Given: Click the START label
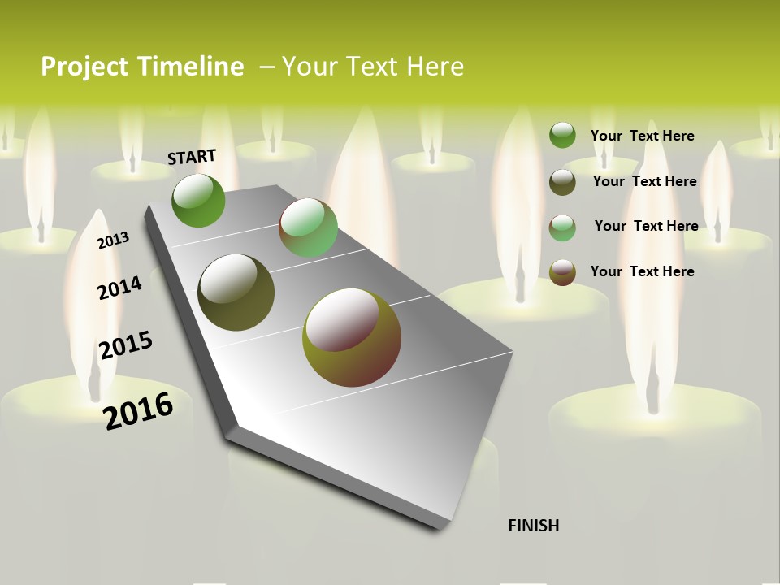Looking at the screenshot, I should click(192, 157).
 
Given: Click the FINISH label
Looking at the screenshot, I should click(534, 526).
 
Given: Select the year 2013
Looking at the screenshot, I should click(113, 240).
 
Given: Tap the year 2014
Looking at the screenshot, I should click(119, 288).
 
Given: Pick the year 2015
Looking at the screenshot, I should click(125, 344).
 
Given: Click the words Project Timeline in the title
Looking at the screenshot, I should click(142, 67).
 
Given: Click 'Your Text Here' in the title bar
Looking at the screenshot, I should click(373, 67).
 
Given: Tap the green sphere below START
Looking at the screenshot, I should click(198, 201).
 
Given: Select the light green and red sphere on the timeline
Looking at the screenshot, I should click(308, 227).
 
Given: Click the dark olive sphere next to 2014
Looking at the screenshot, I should click(236, 292).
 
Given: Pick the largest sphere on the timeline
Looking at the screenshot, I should click(352, 337).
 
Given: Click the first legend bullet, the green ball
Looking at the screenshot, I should click(562, 135).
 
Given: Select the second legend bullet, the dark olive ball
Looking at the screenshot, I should click(562, 182).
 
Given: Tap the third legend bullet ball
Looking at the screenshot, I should click(562, 227).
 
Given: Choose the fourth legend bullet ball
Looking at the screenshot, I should click(562, 272).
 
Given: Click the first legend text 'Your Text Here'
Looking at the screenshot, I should click(642, 136).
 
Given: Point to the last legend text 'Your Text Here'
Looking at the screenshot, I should click(642, 271).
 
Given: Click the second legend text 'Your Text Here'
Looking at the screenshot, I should click(644, 181).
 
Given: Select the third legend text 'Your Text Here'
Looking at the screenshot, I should click(646, 226).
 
